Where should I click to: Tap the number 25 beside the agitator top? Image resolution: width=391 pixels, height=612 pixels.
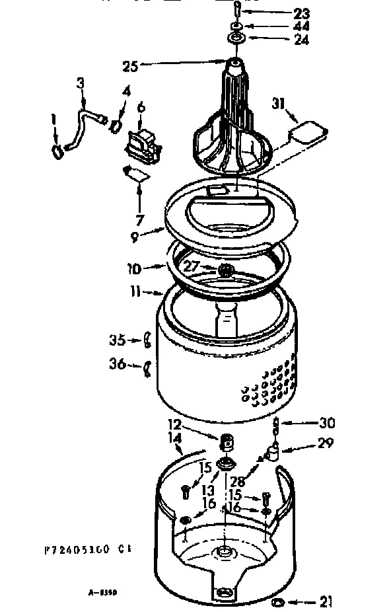(129, 65)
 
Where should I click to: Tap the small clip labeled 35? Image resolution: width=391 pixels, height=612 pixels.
(149, 340)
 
